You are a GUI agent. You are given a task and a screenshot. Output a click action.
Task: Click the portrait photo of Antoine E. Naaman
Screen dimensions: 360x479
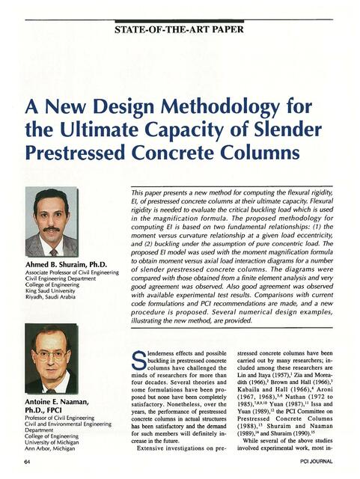pyautogui.click(x=51, y=358)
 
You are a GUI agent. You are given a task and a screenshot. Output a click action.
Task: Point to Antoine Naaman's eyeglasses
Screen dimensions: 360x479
pyautogui.click(x=51, y=355)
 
